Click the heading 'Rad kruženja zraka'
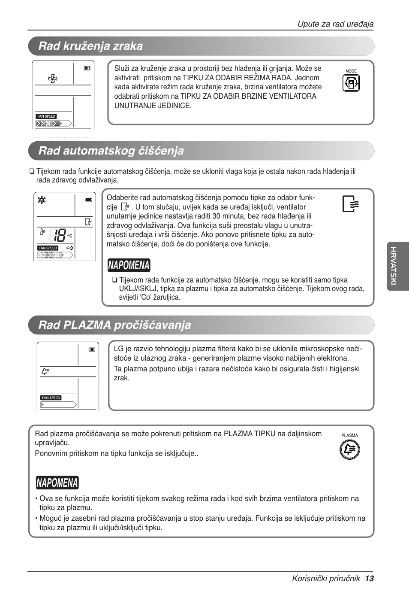click(90, 46)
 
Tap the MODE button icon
click(351, 83)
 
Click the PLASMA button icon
click(350, 450)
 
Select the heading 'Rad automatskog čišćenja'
click(111, 151)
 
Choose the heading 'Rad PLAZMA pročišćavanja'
click(114, 325)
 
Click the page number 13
click(370, 578)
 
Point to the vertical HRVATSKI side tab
click(398, 267)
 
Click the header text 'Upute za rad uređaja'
click(336, 24)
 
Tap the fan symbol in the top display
click(53, 79)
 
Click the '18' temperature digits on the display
click(58, 235)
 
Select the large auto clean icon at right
click(351, 203)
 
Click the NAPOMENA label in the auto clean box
click(129, 265)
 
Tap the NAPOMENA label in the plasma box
click(57, 483)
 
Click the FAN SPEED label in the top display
click(46, 116)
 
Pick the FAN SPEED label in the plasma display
click(51, 398)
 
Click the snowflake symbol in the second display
click(42, 200)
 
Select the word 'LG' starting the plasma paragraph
click(118, 349)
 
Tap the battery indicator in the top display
click(87, 68)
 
